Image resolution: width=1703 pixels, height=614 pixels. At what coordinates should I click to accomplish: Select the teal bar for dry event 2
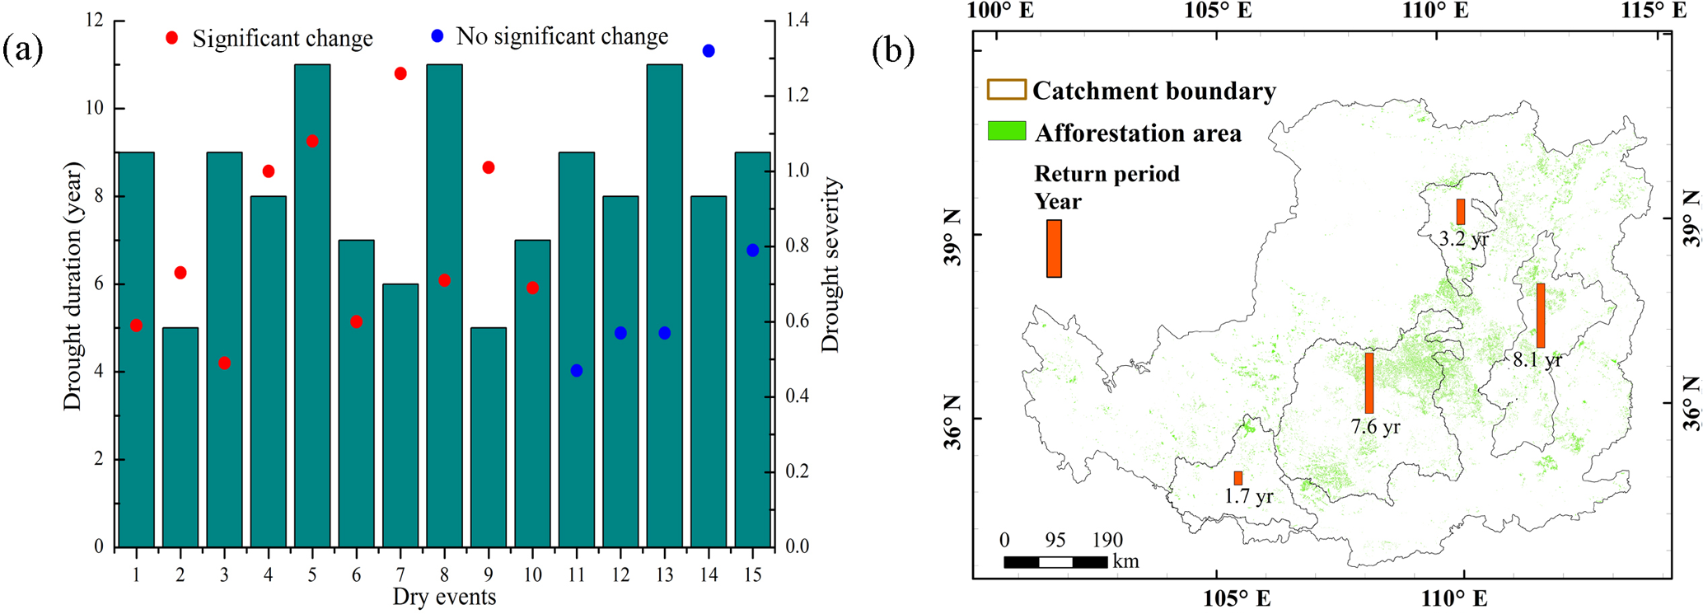[180, 437]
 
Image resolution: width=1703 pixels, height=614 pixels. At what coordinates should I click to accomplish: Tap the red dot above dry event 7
[400, 73]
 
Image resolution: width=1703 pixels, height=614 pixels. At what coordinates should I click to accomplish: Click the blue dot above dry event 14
[709, 51]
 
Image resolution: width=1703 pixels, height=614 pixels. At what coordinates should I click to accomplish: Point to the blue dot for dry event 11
[577, 371]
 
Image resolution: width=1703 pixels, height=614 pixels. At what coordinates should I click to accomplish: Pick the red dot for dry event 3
[224, 363]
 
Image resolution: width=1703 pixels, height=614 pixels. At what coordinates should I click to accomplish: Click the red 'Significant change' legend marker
[172, 38]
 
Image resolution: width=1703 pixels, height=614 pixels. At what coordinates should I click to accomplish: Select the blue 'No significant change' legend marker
[437, 36]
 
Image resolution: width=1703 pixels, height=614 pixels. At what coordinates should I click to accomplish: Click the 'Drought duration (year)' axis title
[73, 286]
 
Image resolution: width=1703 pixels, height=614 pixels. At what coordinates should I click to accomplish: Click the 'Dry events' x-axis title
[444, 598]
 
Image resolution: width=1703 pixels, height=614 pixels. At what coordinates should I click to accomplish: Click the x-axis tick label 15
[752, 574]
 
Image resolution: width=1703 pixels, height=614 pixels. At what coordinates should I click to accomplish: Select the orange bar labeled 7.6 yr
[1369, 382]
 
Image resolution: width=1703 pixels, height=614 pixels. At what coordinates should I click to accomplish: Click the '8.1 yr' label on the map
[1537, 359]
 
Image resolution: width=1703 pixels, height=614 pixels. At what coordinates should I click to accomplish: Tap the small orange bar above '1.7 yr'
[1237, 478]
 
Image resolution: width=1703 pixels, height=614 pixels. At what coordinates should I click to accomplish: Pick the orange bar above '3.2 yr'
[1461, 212]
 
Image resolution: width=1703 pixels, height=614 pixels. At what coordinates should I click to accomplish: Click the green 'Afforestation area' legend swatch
[1007, 131]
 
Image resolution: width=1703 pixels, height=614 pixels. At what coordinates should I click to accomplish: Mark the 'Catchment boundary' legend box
[1007, 90]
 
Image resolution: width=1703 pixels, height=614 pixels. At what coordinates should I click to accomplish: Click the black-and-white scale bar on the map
[1055, 562]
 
